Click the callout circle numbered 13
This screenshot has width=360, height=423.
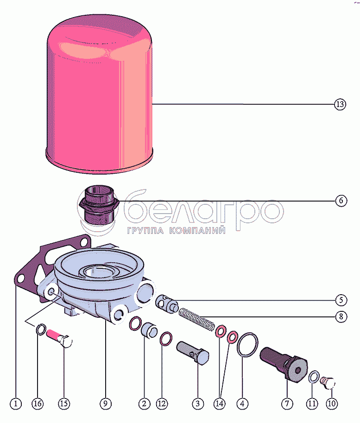tap(340, 104)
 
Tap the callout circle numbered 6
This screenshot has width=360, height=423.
tap(341, 201)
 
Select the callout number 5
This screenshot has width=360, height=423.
tap(341, 300)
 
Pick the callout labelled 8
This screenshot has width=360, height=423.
tap(341, 316)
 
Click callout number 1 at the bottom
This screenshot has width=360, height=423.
tap(16, 404)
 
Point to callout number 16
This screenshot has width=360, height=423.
tap(38, 404)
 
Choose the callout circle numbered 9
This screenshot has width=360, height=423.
tap(105, 404)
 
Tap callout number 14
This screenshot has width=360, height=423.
tap(220, 404)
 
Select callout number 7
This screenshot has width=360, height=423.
tap(287, 404)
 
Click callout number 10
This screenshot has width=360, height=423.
tap(332, 404)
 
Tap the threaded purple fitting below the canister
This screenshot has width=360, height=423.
tap(99, 206)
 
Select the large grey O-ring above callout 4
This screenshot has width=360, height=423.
tap(247, 345)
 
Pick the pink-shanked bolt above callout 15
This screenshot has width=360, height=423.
tap(59, 339)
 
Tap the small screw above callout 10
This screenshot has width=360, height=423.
tap(328, 383)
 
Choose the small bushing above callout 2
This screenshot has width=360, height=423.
tap(150, 330)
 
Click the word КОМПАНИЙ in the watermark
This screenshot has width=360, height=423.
tap(197, 230)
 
